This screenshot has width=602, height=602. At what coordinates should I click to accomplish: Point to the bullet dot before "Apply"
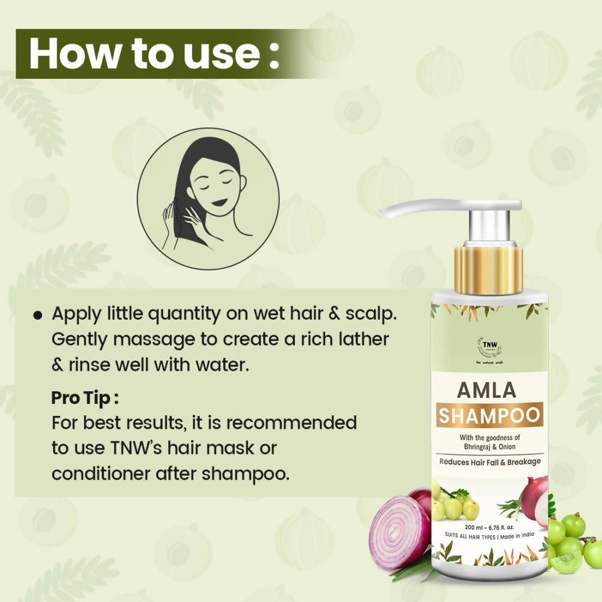[x=38, y=315]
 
